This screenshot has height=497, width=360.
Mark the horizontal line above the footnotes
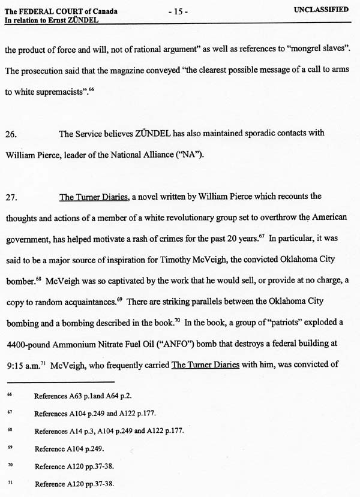(60, 381)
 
